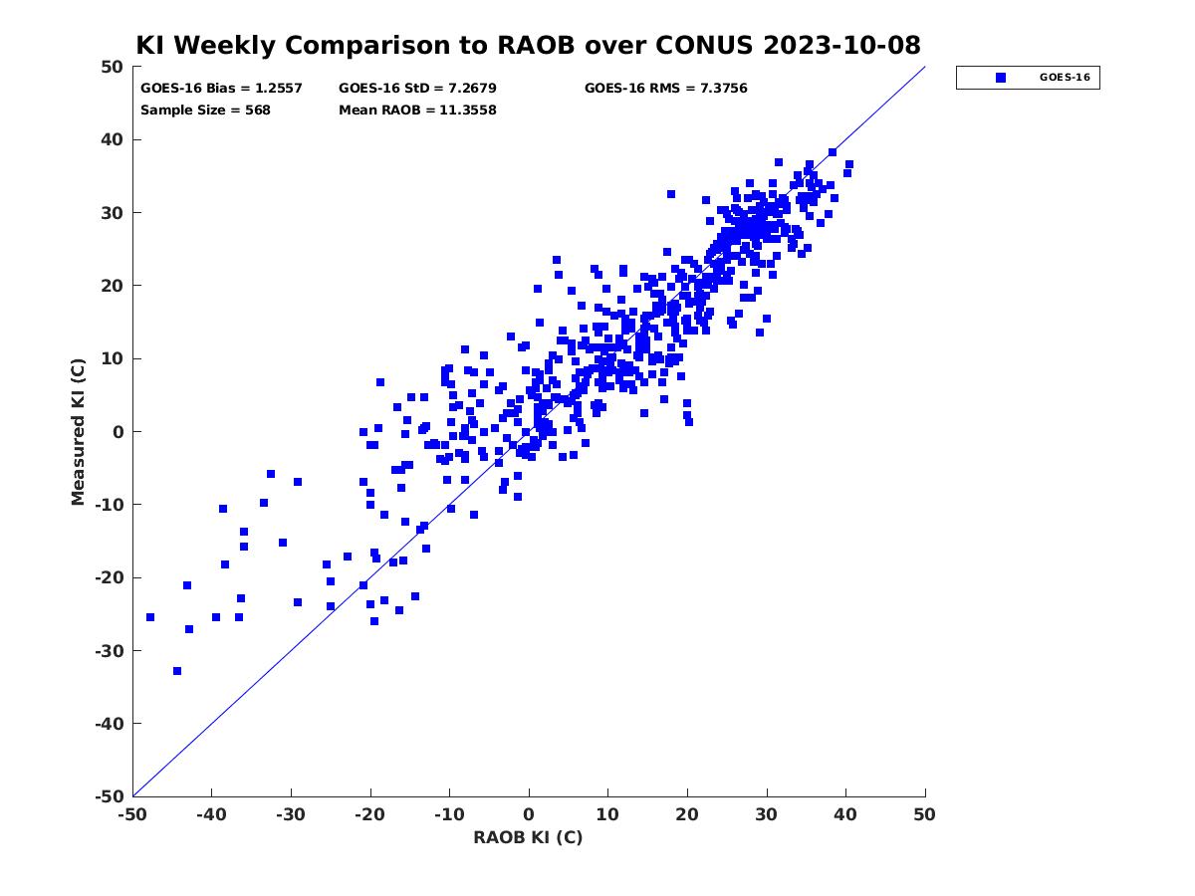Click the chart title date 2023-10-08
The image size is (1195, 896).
tap(841, 45)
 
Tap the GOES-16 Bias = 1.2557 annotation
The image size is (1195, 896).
tap(221, 89)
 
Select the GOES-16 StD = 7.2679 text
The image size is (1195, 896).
tap(417, 89)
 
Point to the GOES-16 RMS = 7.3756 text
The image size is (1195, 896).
tap(665, 89)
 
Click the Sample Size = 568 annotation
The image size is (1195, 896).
tap(205, 111)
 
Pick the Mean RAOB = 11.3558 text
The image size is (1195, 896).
tap(417, 111)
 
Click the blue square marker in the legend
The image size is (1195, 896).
tap(1001, 78)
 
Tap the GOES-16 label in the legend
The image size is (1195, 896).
tap(1065, 78)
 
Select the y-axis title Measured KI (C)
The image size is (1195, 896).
tap(78, 431)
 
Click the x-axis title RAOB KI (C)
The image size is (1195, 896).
tap(528, 837)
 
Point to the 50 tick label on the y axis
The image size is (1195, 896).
tap(113, 67)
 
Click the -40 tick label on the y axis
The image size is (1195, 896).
tap(110, 724)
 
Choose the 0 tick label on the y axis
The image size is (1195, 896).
tap(119, 432)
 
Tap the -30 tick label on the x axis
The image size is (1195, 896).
tap(290, 814)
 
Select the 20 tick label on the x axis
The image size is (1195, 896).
tap(687, 814)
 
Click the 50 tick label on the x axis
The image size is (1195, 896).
tap(924, 814)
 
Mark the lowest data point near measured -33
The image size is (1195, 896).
tap(177, 671)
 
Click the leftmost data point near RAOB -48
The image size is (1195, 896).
tap(150, 617)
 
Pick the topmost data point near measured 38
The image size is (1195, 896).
tap(832, 152)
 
